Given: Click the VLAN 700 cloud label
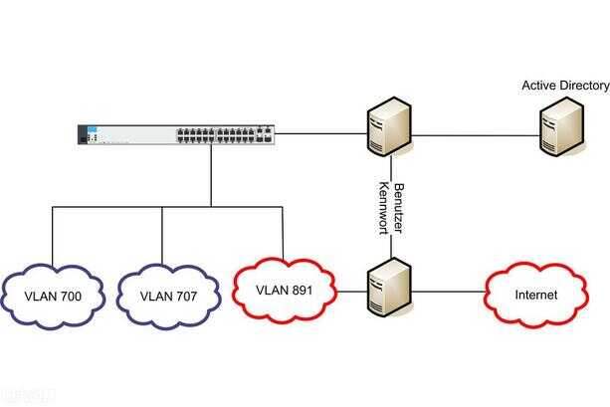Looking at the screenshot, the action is (53, 297).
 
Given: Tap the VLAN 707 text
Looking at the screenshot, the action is (168, 297).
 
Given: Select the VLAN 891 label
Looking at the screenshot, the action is (284, 291).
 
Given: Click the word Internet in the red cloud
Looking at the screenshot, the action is (536, 295).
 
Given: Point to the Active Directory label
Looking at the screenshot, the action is (565, 86).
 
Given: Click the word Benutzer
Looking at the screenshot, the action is (398, 208).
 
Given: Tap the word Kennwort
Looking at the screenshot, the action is (384, 208).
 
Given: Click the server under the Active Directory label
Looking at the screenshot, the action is (561, 126).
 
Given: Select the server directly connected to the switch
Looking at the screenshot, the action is (389, 126).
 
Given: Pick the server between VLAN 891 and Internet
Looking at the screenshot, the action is (389, 287).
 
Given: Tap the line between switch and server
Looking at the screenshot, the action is (321, 134).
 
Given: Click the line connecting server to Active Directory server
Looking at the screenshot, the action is (476, 135).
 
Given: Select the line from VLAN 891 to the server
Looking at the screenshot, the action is (351, 291).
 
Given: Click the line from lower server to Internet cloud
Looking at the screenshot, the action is (448, 291).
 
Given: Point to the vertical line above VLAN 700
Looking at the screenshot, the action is (52, 237).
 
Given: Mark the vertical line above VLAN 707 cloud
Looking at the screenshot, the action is (162, 236).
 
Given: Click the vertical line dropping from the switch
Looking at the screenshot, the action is (211, 175).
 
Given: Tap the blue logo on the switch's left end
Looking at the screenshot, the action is (93, 129).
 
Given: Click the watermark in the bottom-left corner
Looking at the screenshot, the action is (28, 396).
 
